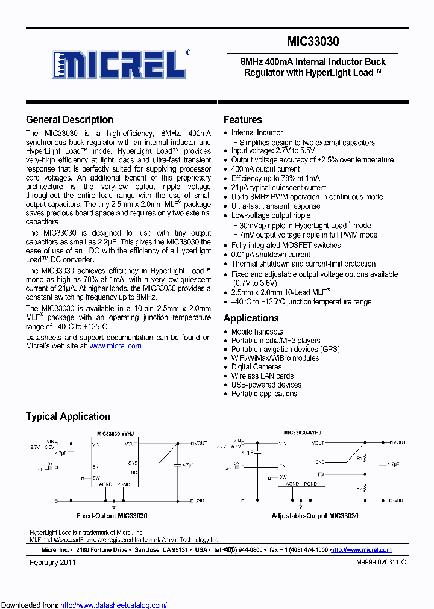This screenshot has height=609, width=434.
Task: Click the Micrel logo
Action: click(x=118, y=63)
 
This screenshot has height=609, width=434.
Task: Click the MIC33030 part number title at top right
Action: click(x=313, y=42)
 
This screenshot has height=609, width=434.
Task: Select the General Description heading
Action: click(x=69, y=119)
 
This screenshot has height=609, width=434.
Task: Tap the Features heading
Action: click(x=242, y=119)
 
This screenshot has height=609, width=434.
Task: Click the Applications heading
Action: click(x=251, y=318)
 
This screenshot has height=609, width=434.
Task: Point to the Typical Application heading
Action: click(x=68, y=416)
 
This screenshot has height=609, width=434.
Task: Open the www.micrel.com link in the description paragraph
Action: click(x=115, y=346)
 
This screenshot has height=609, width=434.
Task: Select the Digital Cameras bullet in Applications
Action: click(x=256, y=366)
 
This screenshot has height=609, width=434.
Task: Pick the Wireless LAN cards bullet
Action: click(x=262, y=376)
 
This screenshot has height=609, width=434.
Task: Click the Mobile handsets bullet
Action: click(x=257, y=332)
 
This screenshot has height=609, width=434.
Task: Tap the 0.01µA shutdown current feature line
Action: click(x=271, y=255)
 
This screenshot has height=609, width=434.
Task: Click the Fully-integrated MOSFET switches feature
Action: click(x=286, y=245)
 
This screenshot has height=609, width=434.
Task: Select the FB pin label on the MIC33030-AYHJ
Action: click(x=321, y=474)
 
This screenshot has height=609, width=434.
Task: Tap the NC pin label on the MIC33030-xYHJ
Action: click(x=134, y=472)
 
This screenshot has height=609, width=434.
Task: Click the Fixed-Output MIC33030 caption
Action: click(x=112, y=516)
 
